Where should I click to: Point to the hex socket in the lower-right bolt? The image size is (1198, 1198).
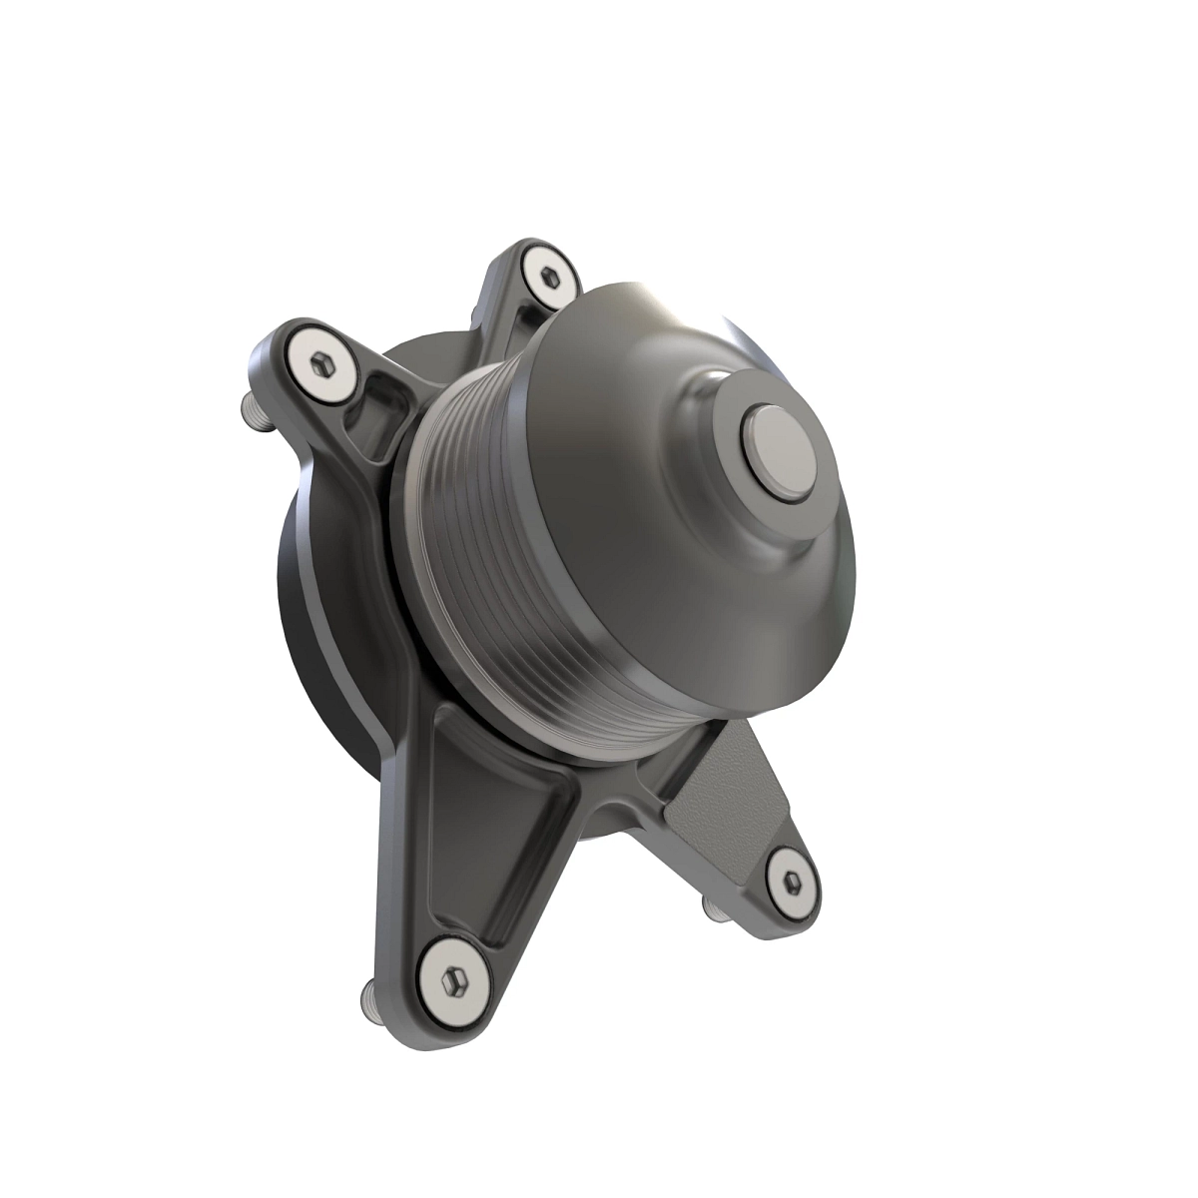(x=792, y=879)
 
